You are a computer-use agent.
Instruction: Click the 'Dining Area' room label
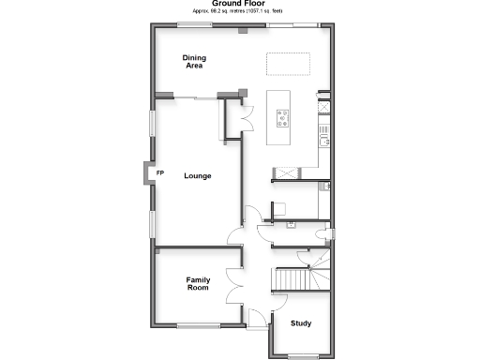tap(194, 63)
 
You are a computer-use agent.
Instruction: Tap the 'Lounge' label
tap(198, 176)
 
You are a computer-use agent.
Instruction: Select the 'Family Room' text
tap(198, 284)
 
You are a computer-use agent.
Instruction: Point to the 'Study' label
tap(301, 324)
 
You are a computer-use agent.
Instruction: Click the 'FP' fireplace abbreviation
tap(159, 174)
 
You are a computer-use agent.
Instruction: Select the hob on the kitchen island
tap(282, 118)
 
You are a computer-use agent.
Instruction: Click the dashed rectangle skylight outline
tap(289, 64)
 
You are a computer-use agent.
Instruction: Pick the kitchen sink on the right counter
tap(324, 140)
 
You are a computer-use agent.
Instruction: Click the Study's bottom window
tap(301, 356)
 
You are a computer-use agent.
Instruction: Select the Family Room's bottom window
tap(198, 325)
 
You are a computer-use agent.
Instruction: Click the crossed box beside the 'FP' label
tap(146, 174)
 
